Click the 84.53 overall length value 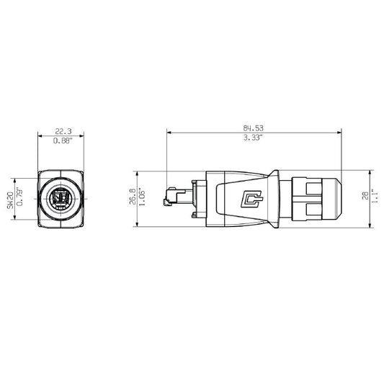[x=253, y=128]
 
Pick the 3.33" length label [x=253, y=137]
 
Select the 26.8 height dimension [x=132, y=198]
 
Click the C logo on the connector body [x=251, y=198]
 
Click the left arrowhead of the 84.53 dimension [x=169, y=133]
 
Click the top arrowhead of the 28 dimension [x=370, y=173]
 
